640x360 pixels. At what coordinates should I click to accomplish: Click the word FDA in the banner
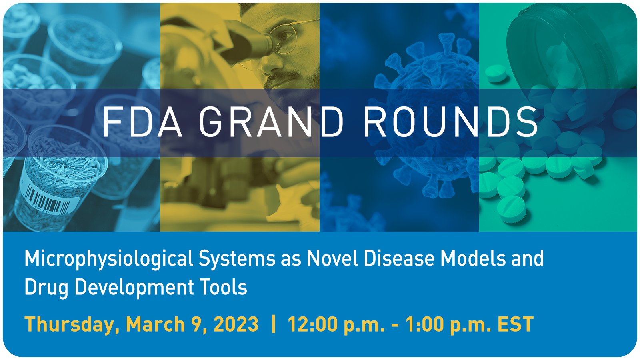click(142, 122)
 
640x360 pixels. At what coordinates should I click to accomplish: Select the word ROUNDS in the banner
click(450, 122)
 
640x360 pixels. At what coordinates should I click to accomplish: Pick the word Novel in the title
click(332, 258)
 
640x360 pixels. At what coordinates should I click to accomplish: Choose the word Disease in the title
click(399, 258)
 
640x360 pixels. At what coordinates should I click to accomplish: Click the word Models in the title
click(473, 258)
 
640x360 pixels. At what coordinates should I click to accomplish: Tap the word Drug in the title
click(46, 288)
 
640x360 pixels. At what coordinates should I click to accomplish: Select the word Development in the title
click(134, 288)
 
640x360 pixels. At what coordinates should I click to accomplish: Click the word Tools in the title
click(223, 286)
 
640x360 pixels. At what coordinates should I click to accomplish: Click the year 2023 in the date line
click(236, 324)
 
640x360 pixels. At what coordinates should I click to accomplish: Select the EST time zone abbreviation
click(516, 324)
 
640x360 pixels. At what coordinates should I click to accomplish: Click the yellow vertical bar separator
click(274, 324)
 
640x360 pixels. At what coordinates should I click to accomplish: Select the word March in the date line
click(156, 324)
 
